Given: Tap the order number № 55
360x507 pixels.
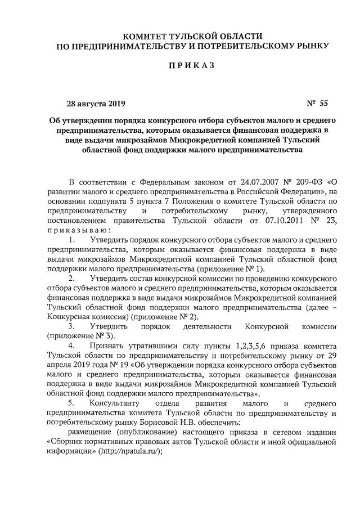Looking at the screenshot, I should (317, 103).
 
